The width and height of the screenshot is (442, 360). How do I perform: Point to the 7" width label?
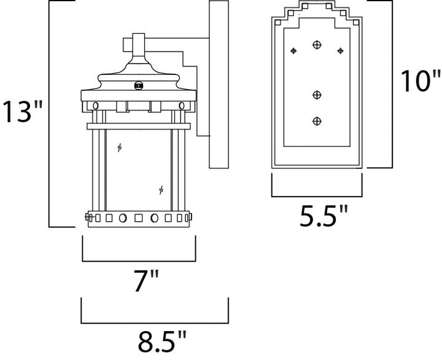(x=146, y=280)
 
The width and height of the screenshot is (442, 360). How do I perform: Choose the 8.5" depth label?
(x=162, y=341)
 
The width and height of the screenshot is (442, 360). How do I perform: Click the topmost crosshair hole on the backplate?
(x=317, y=45)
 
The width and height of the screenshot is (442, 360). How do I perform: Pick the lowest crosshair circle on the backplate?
(x=317, y=121)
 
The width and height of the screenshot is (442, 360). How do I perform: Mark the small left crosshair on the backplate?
(x=293, y=51)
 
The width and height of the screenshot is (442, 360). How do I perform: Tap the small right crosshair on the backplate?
(x=340, y=51)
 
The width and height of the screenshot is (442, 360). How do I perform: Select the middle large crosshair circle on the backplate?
(x=317, y=95)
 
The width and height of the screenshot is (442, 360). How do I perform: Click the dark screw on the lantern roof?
(x=138, y=85)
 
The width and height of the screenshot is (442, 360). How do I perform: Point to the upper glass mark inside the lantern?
(x=120, y=147)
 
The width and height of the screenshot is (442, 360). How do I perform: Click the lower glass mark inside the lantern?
(x=161, y=190)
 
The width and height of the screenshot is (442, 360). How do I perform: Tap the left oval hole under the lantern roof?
(x=96, y=106)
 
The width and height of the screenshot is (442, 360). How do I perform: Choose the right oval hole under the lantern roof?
(x=182, y=106)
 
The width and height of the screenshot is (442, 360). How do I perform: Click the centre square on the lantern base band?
(x=138, y=218)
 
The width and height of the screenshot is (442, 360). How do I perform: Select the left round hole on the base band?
(x=123, y=218)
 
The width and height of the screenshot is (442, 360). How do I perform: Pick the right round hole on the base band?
(x=154, y=218)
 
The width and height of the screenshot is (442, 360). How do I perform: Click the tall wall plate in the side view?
(x=219, y=84)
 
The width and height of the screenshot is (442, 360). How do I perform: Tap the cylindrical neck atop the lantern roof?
(x=139, y=45)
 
